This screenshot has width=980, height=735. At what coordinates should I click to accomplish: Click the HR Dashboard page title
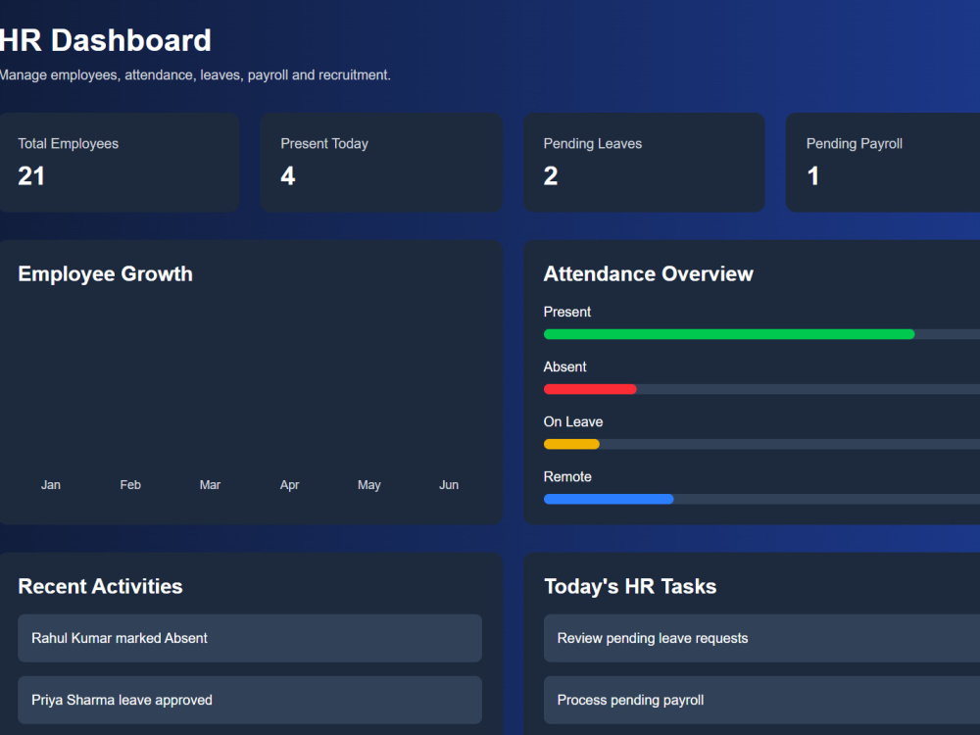click(105, 40)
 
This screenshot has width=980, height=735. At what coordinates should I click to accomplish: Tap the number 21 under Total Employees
click(31, 176)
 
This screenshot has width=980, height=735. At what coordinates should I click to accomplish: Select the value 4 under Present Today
click(287, 176)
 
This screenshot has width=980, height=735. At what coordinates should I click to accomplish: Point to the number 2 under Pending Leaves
click(551, 176)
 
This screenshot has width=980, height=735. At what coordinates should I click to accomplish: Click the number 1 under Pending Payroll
click(813, 176)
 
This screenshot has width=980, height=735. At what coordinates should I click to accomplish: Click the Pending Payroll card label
click(855, 144)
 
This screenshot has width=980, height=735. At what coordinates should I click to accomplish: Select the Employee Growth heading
click(106, 273)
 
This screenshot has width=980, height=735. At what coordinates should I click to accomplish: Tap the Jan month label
click(51, 485)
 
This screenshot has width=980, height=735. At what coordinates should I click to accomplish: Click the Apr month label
click(289, 485)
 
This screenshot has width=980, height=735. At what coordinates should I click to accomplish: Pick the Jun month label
click(449, 485)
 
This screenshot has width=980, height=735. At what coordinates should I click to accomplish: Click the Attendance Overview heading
click(649, 273)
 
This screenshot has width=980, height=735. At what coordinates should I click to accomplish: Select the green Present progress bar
click(729, 334)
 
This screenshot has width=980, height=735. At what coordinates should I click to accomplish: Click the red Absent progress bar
click(590, 389)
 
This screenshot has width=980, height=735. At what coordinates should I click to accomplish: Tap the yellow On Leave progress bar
click(571, 444)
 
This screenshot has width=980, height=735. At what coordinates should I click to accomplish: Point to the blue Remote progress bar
click(609, 500)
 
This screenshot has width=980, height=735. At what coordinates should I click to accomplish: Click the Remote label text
click(567, 477)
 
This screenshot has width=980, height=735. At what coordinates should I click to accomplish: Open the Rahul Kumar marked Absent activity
click(250, 638)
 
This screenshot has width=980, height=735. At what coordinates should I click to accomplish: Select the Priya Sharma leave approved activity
click(250, 700)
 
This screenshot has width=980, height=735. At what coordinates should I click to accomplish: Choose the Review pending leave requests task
click(761, 638)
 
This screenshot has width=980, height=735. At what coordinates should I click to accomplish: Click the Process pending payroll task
click(761, 700)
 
